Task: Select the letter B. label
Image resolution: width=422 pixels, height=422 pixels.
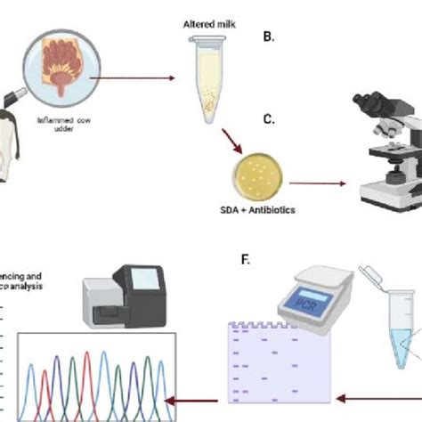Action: point(268,37)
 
